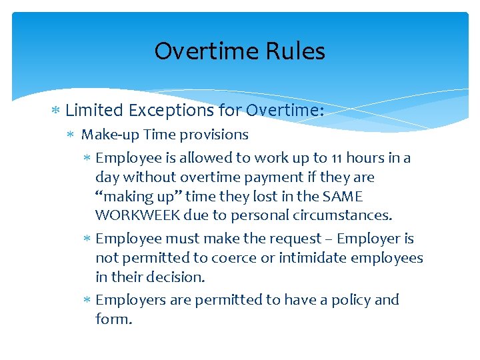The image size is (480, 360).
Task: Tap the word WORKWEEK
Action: click(x=134, y=215)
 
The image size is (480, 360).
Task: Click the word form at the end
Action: click(x=113, y=319)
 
